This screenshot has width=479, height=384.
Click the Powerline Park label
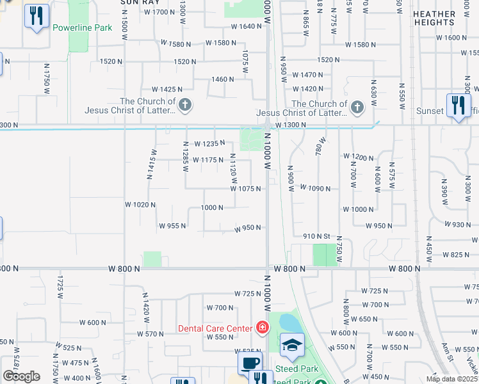[82, 28]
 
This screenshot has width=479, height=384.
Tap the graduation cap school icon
[292, 344]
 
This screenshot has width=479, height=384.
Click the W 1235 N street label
[211, 144]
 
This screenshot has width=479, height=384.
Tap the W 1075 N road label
[246, 189]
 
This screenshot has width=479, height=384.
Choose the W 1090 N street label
[316, 189]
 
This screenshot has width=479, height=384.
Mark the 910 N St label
[316, 236]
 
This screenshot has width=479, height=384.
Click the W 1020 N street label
[140, 205]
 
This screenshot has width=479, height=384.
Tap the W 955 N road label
[172, 226]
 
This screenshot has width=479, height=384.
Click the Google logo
[21, 376]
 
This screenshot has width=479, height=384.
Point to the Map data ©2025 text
[451, 379]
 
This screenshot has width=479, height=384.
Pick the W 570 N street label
[151, 334]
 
